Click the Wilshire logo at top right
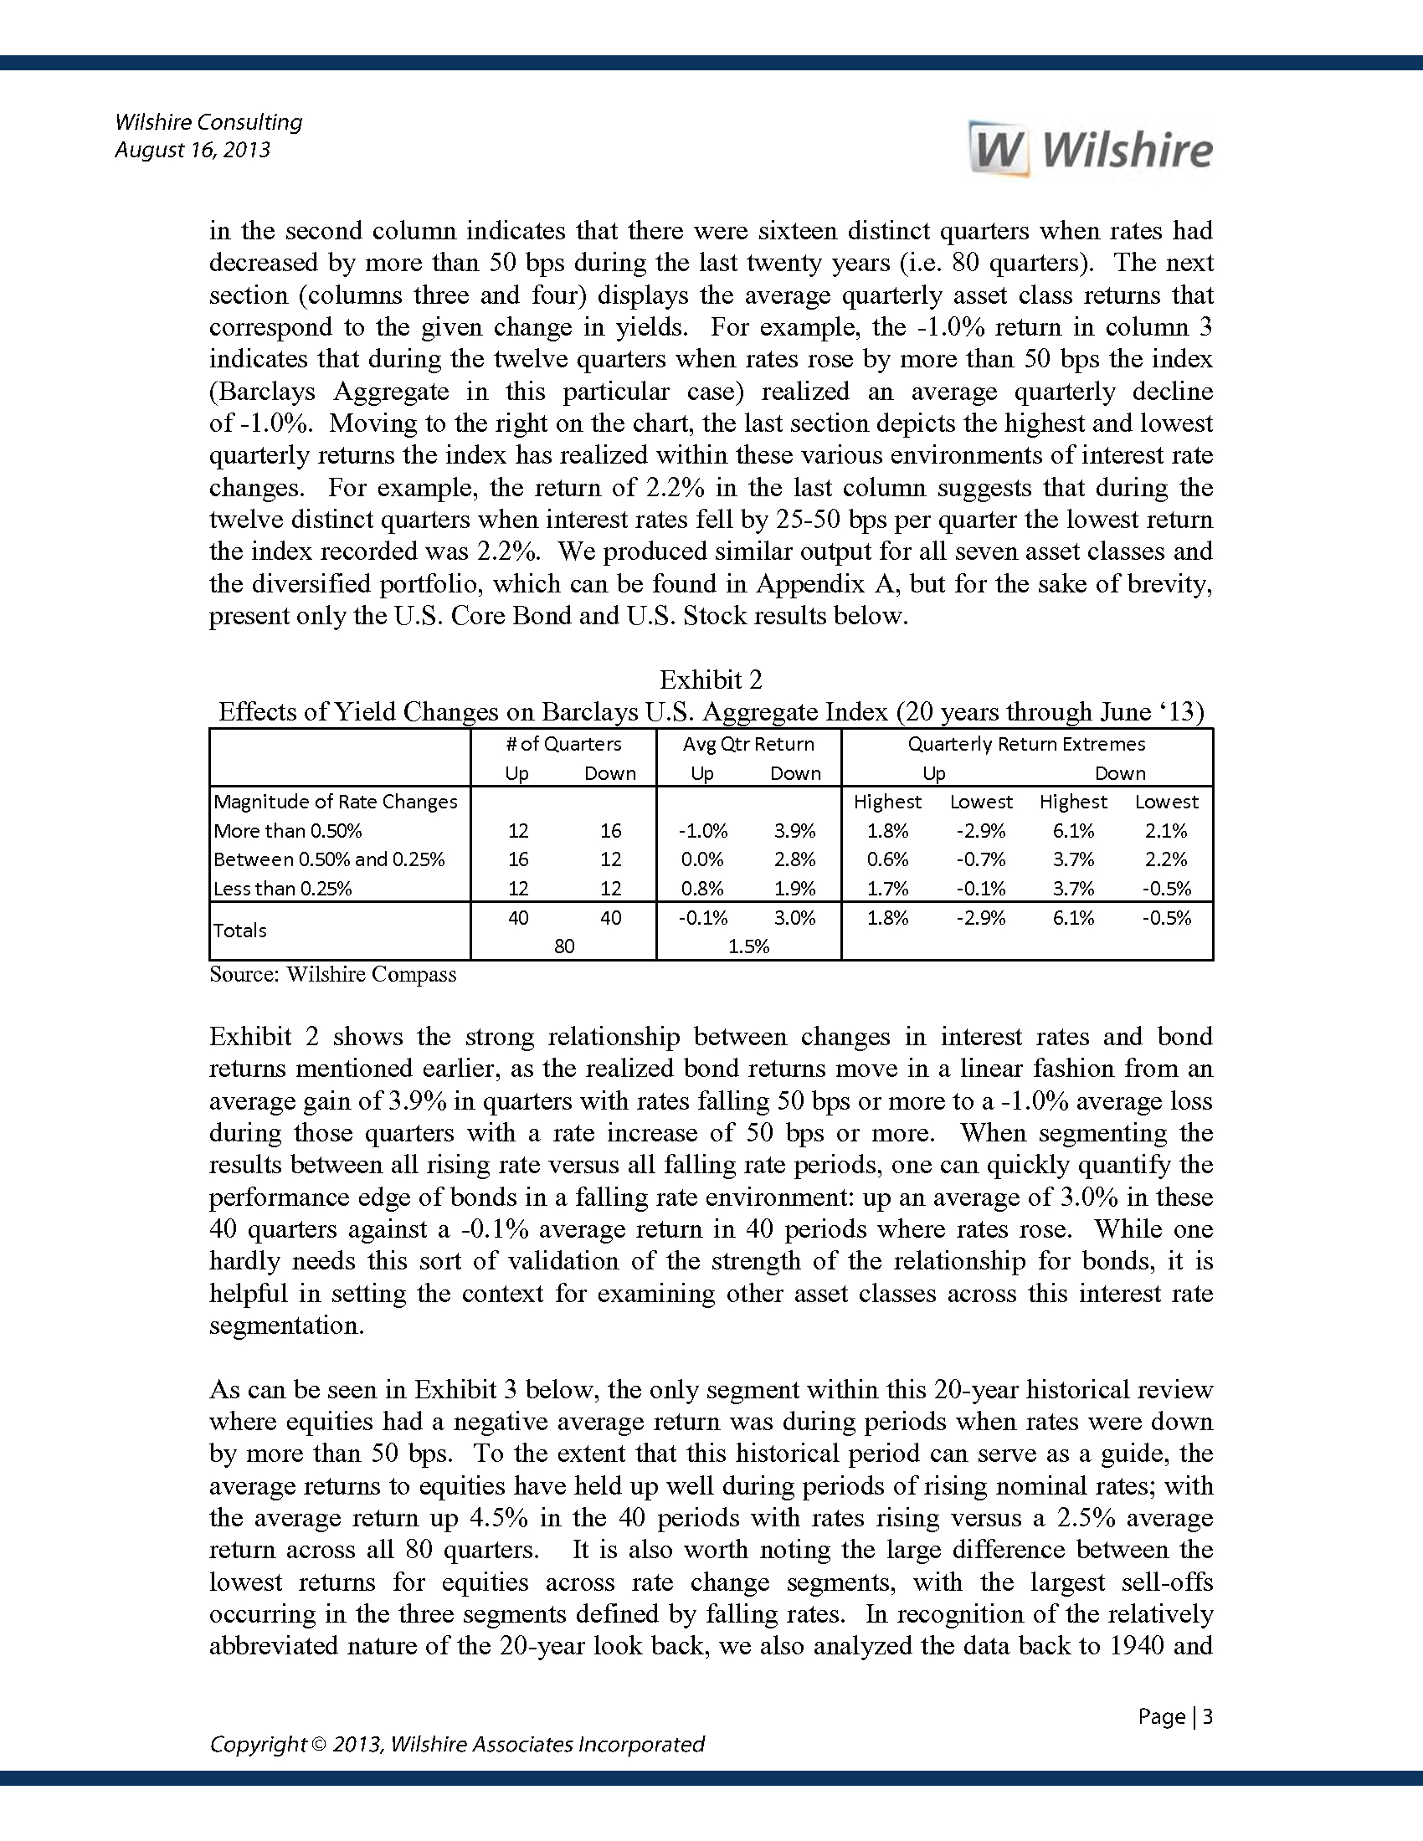1091,150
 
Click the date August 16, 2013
193,150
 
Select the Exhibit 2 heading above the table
711,679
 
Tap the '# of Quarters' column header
564,743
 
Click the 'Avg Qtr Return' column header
748,743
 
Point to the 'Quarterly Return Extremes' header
1026,743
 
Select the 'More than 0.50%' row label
287,830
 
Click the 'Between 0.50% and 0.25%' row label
329,859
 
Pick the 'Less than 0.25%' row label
282,888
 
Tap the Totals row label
240,930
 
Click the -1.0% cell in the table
702,830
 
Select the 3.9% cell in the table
795,830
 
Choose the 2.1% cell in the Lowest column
1166,830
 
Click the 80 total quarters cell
564,946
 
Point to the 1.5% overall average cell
748,946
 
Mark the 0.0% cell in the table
702,859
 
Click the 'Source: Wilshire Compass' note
333,974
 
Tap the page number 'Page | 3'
1174,1716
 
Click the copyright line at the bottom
457,1744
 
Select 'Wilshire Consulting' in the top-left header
208,122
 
